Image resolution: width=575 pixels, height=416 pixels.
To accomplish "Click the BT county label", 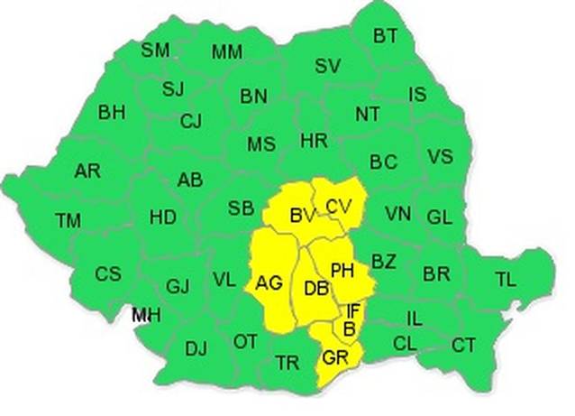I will tap(385, 36).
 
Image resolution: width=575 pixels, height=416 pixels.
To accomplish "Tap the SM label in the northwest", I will tap(154, 50).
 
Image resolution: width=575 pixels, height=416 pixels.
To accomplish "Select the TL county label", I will tap(506, 280).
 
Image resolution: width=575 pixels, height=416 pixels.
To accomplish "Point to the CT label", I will tap(463, 345).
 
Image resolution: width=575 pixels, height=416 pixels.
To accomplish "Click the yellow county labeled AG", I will tap(269, 283).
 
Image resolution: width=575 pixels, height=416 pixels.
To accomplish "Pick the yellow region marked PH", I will tap(342, 270).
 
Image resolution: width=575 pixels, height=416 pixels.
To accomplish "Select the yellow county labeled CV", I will tap(338, 207).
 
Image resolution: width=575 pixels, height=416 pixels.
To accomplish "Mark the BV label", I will tap(302, 216).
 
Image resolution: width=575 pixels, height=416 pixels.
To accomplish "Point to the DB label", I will tap(315, 289).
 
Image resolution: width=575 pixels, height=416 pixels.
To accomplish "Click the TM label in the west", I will tap(68, 219).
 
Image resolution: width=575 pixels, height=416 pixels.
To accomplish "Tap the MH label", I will tap(142, 315).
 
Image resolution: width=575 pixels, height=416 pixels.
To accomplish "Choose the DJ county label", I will tap(196, 348).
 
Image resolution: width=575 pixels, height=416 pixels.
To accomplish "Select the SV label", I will tap(326, 66).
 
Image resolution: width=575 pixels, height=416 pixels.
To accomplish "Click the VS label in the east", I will tap(440, 157).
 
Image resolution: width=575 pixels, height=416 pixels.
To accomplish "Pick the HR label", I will tap(314, 141).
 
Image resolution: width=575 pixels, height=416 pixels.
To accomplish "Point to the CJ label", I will tap(191, 121).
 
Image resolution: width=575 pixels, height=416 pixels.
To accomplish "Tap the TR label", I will tap(287, 363).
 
